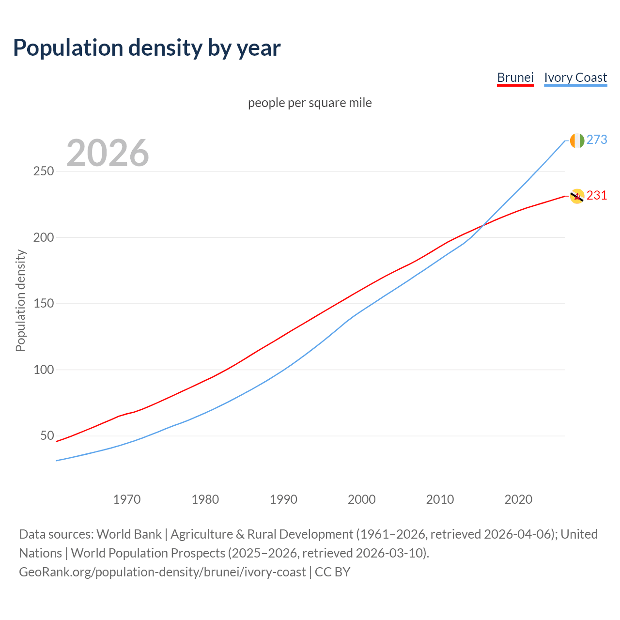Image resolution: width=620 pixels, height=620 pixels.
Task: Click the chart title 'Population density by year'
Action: click(147, 47)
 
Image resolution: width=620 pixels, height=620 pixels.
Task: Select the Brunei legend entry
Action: click(515, 77)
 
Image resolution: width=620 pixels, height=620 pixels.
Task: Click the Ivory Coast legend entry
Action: click(575, 77)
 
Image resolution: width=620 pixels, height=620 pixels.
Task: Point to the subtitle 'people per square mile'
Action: click(310, 103)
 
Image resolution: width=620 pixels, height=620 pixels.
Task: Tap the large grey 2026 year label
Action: click(108, 153)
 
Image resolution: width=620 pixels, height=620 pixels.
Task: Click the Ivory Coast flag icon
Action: click(577, 140)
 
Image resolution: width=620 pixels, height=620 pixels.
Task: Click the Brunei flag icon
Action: click(577, 196)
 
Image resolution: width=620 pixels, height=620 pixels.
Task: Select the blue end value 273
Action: click(597, 139)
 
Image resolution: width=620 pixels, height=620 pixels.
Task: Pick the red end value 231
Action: click(597, 195)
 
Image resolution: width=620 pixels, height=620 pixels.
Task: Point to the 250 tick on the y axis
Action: click(44, 171)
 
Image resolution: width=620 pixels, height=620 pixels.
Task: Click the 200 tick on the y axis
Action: click(44, 238)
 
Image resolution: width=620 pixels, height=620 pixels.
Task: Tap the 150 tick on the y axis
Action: click(44, 304)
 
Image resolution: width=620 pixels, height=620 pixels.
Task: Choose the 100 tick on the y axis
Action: click(44, 370)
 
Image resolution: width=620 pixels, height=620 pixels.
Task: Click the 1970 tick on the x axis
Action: click(127, 499)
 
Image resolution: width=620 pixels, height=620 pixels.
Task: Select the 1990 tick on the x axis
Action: click(283, 499)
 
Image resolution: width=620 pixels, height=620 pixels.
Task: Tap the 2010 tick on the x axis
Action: click(440, 499)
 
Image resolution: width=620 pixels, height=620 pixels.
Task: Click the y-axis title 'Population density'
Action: click(20, 300)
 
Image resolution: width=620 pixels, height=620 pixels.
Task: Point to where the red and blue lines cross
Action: click(482, 225)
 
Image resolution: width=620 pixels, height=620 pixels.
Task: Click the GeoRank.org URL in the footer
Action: click(162, 572)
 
